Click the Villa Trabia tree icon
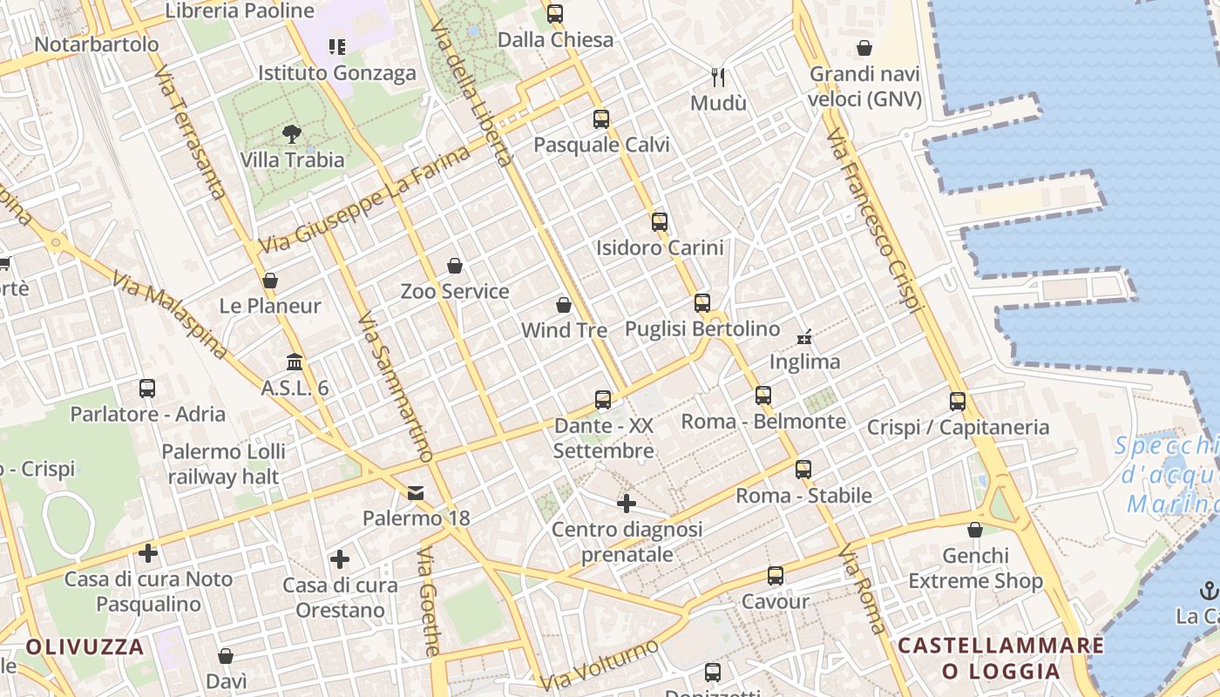292,134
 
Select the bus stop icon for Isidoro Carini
660,222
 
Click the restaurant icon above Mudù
718,78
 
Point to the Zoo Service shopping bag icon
454,266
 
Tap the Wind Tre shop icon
564,306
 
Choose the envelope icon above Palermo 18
416,493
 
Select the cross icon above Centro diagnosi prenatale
627,504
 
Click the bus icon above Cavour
776,576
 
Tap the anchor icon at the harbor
1208,591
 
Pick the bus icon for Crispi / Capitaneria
958,402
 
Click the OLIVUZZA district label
85,646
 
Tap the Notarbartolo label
97,44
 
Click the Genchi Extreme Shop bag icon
975,530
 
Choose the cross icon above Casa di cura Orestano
340,559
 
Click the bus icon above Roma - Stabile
803,470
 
